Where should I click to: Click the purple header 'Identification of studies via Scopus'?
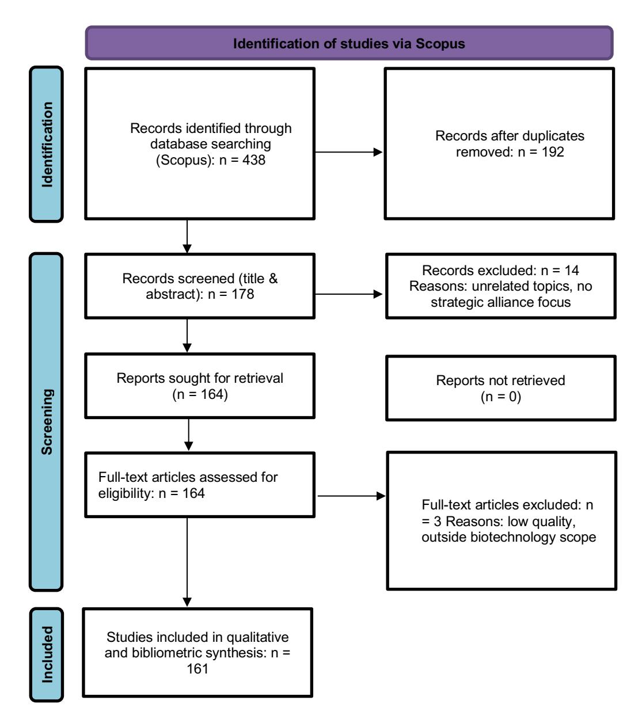point(349,43)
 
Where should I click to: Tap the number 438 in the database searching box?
point(254,160)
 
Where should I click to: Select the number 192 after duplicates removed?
point(553,152)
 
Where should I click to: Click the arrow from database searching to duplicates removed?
point(349,152)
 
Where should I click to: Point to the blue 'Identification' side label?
point(47,144)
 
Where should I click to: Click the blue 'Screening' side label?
point(47,421)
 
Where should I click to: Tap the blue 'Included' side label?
point(47,655)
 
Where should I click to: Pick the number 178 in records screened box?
point(243,294)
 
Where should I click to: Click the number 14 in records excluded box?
point(571,270)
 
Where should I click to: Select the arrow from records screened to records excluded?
point(349,294)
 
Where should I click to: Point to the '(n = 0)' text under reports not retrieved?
point(500,397)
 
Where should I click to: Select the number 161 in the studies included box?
point(197,669)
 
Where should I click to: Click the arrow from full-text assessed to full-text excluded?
point(352,496)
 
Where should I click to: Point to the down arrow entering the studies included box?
point(187,562)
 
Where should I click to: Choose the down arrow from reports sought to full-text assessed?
point(188,435)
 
